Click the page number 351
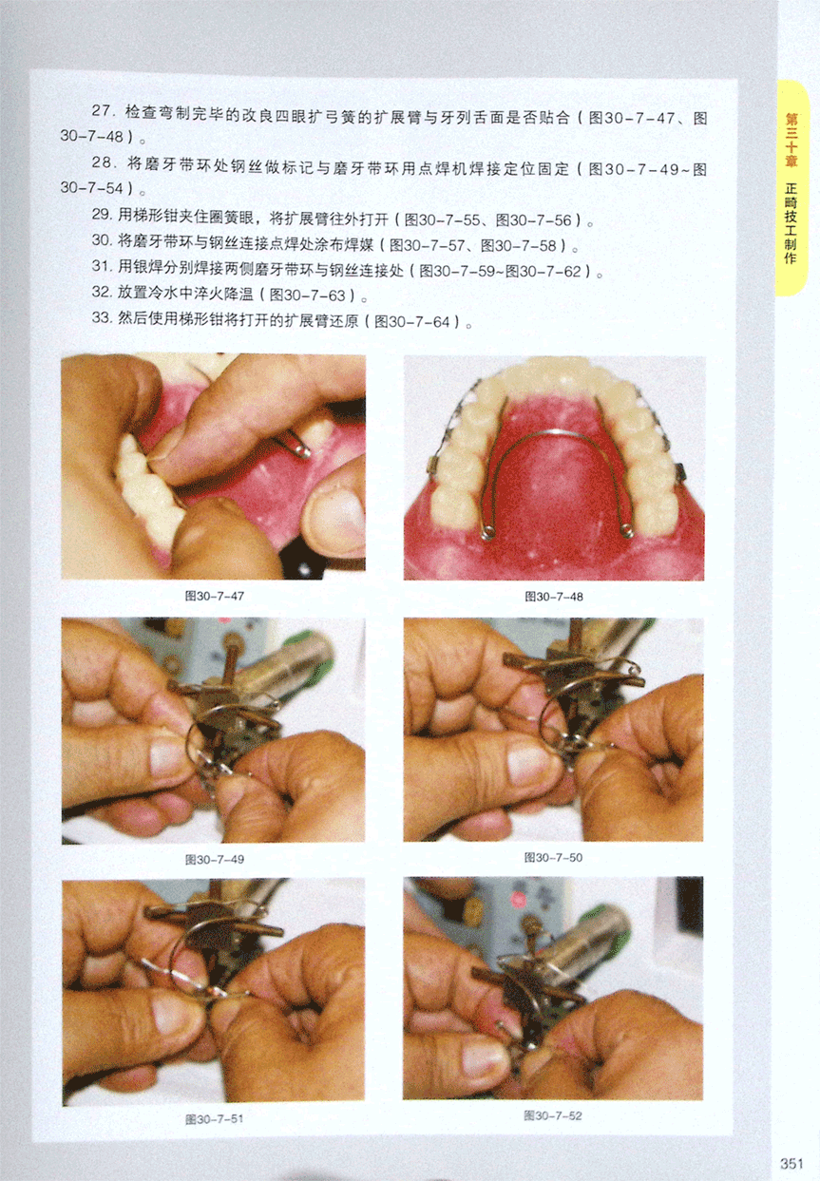click(x=791, y=1163)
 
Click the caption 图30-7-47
click(x=214, y=596)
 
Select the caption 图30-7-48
click(x=554, y=597)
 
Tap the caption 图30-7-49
click(x=214, y=860)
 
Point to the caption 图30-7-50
click(x=553, y=858)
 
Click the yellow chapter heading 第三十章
click(x=791, y=140)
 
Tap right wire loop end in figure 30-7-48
click(x=627, y=531)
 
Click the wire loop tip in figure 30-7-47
click(x=304, y=450)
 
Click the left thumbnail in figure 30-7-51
click(x=171, y=1019)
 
